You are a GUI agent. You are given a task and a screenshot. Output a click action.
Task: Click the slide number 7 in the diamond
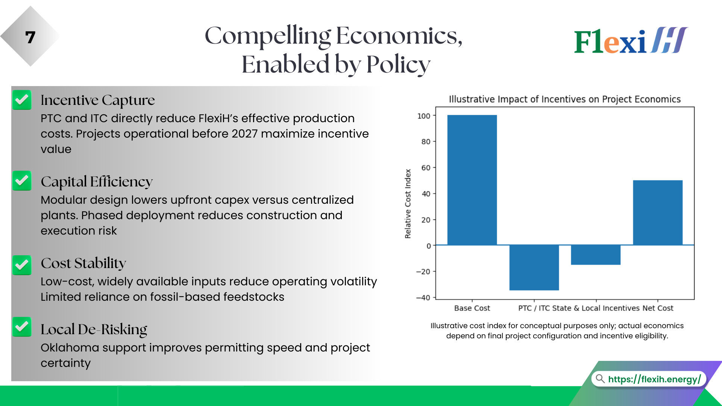pyautogui.click(x=30, y=37)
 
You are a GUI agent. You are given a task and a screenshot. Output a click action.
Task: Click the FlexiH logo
pyautogui.click(x=631, y=40)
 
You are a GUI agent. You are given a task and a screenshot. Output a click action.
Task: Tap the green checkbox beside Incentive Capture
pyautogui.click(x=22, y=100)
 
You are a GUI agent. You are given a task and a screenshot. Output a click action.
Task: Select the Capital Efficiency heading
pyautogui.click(x=97, y=182)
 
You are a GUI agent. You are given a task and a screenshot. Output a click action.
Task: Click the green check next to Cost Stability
pyautogui.click(x=22, y=265)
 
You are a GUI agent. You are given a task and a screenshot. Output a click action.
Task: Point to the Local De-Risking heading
pyautogui.click(x=94, y=329)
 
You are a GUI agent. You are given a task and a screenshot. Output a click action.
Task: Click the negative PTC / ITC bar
pyautogui.click(x=534, y=267)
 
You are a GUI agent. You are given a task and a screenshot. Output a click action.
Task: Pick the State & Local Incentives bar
pyautogui.click(x=596, y=255)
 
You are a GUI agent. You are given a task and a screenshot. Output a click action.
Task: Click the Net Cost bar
pyautogui.click(x=657, y=212)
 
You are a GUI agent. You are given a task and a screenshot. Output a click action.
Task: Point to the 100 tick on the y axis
pyautogui.click(x=424, y=116)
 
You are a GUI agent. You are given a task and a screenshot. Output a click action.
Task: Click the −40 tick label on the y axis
pyautogui.click(x=423, y=298)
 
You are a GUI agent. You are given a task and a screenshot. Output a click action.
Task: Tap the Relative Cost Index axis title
pyautogui.click(x=408, y=203)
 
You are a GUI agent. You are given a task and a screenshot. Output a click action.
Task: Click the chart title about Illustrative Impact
pyautogui.click(x=564, y=99)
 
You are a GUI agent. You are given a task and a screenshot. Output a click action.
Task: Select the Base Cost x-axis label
pyautogui.click(x=472, y=308)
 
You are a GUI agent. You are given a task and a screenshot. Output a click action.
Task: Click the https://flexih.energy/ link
pyautogui.click(x=654, y=379)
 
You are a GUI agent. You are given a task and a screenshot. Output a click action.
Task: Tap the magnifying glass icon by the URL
pyautogui.click(x=600, y=379)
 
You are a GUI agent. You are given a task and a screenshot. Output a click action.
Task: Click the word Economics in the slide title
pyautogui.click(x=399, y=36)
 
